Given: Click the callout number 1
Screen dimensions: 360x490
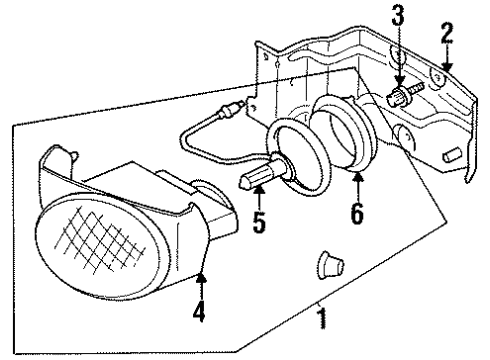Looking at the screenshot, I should (320, 321).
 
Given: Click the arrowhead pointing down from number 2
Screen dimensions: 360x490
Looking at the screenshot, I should (446, 65).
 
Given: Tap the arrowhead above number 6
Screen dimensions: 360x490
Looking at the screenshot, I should (357, 177).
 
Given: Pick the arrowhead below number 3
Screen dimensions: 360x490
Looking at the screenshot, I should (398, 83).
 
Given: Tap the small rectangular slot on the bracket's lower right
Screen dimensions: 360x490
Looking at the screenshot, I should (452, 154).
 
